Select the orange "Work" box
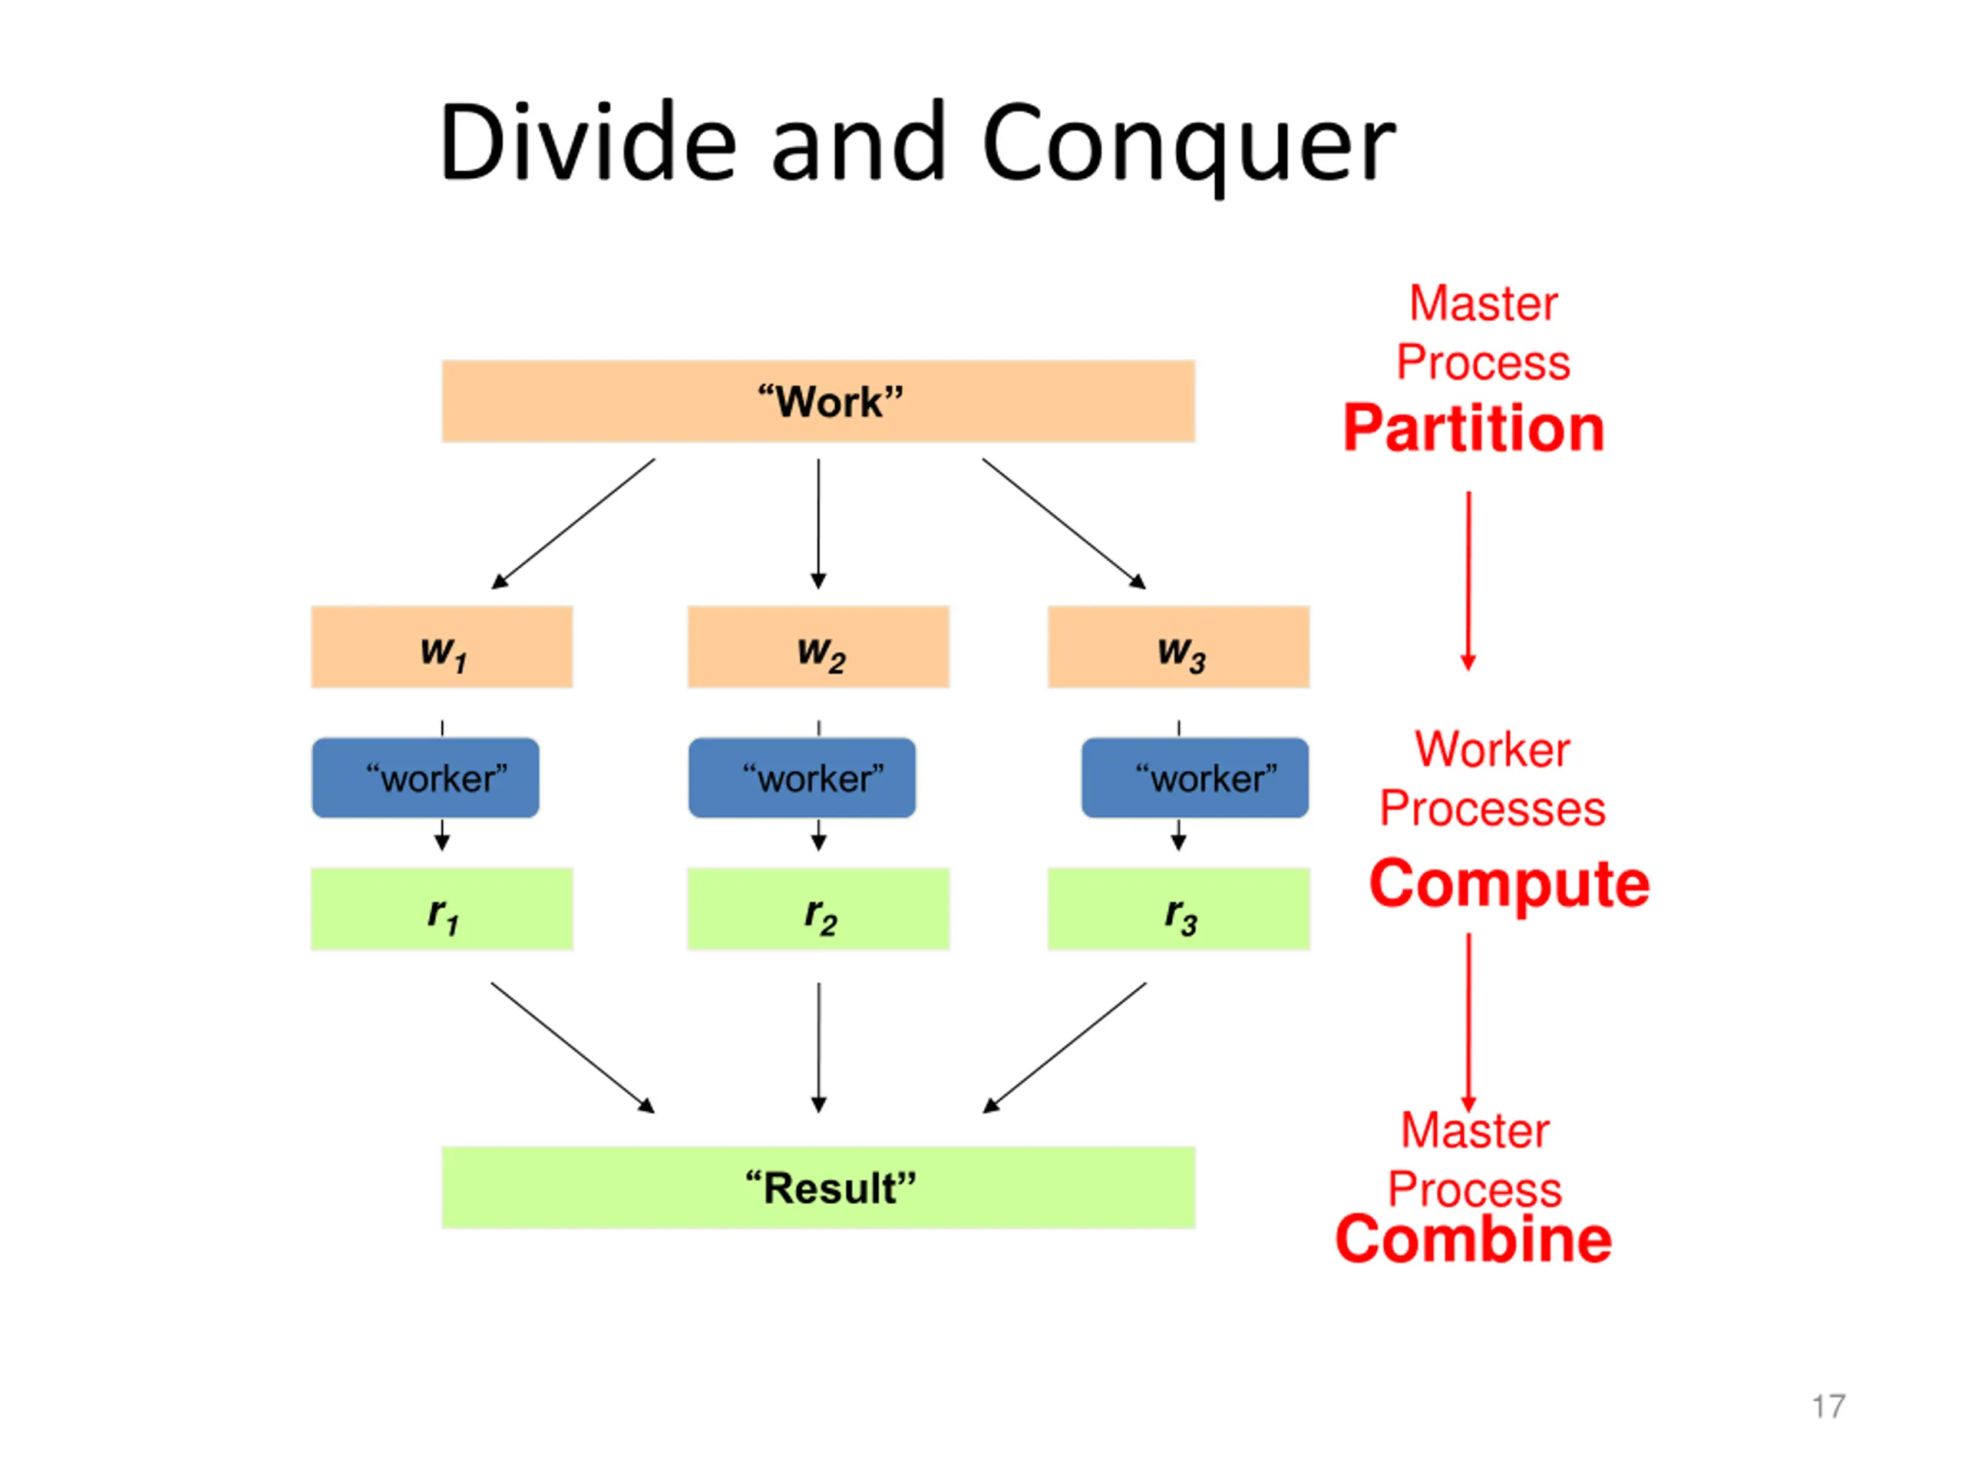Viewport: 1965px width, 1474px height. point(818,402)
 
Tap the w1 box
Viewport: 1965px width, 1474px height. point(441,647)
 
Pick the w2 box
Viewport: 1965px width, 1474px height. point(818,647)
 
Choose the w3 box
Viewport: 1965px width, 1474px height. point(1179,647)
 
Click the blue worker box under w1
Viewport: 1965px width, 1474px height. point(425,778)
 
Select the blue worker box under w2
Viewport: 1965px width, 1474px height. point(802,778)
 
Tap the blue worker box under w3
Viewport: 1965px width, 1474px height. point(1195,778)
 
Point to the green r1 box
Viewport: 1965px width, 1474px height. point(441,909)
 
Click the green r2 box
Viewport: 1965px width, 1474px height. point(818,909)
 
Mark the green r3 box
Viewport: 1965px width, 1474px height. point(1179,909)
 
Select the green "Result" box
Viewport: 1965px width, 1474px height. point(818,1188)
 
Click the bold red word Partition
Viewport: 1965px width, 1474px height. point(1474,428)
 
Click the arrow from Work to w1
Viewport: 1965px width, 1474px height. point(573,524)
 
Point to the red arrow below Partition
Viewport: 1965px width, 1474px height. point(1468,581)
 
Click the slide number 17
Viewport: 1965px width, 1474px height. point(1829,1406)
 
